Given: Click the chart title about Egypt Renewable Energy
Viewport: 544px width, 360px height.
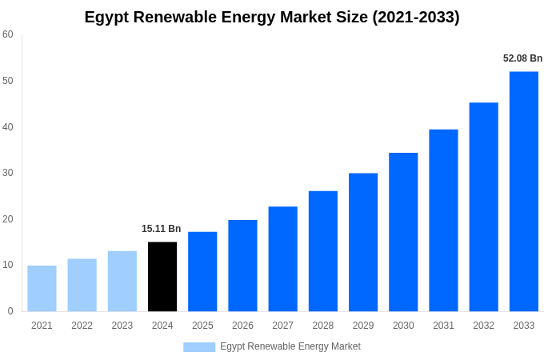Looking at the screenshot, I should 272,17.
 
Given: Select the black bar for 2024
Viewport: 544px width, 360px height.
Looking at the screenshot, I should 162,277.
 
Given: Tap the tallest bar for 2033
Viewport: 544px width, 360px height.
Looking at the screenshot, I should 523,191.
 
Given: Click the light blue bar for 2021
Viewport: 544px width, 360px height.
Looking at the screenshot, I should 42,289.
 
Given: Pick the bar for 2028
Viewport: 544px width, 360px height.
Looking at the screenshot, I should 322,251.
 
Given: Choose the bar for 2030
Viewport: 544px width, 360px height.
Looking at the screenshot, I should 403,232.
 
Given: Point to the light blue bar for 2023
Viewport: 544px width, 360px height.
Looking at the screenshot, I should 122,282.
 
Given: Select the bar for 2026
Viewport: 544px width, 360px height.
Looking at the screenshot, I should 242,266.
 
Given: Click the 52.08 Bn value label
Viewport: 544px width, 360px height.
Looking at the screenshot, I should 522,58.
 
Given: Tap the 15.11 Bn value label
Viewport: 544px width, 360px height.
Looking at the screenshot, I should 162,229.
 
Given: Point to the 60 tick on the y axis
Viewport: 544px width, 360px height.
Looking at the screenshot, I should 8,34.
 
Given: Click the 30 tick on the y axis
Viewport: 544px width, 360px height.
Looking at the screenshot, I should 8,173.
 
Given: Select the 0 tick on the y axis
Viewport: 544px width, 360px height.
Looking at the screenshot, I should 10,311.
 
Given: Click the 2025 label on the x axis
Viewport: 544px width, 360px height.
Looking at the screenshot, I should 202,326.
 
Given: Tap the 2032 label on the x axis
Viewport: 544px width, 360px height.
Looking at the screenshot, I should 483,326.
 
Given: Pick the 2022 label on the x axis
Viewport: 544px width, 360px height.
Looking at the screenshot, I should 82,326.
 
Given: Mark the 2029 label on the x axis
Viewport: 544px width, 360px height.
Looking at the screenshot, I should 362,326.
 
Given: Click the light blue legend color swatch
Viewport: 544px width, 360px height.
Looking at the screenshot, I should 199,347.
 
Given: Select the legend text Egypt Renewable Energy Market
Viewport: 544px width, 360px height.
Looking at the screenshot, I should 290,346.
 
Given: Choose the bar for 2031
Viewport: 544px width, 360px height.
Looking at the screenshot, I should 443,221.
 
